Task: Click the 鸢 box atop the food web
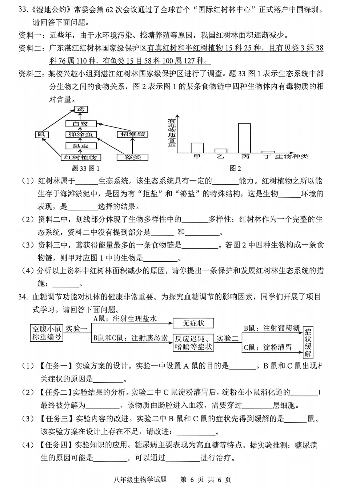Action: point(81,109)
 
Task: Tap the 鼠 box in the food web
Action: point(41,134)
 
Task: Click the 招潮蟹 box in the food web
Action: point(132,134)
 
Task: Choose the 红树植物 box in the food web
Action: point(80,157)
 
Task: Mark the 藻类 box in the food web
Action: point(132,157)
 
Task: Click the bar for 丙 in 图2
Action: point(244,138)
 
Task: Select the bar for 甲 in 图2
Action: point(197,148)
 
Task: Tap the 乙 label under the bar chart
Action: point(220,157)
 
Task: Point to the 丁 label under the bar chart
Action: point(268,157)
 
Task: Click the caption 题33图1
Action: point(85,168)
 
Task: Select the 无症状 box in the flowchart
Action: point(193,323)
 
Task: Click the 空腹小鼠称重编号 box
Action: point(47,333)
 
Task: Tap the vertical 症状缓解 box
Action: point(308,342)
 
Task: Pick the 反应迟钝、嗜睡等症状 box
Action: point(193,343)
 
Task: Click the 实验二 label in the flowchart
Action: point(228,338)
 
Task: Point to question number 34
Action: point(23,297)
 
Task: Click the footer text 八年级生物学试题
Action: point(140,480)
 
